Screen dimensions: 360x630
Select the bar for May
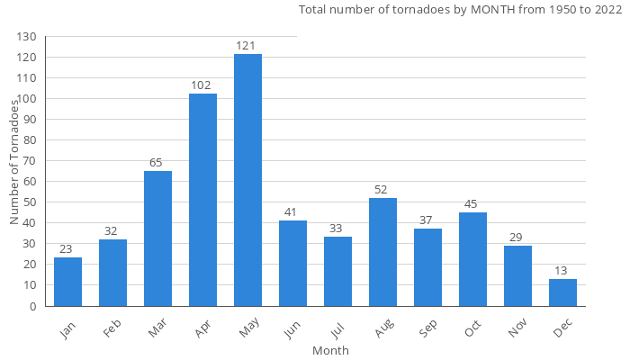(x=247, y=180)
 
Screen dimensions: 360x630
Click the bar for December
(x=562, y=292)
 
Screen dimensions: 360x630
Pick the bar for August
(x=382, y=252)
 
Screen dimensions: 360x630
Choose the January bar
(x=67, y=282)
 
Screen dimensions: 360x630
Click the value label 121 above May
(x=247, y=45)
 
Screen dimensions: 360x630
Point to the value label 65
(x=157, y=162)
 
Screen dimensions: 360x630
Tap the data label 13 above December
(x=562, y=270)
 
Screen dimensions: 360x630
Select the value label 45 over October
(x=472, y=203)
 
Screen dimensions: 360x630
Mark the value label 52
(x=382, y=189)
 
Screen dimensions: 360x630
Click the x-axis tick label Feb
(x=112, y=328)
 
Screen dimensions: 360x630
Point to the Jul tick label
(x=337, y=327)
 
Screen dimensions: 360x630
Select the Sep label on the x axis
(x=426, y=328)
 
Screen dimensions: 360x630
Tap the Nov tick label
(x=516, y=328)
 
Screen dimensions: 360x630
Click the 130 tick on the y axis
(x=27, y=37)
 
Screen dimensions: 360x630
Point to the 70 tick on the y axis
(x=30, y=161)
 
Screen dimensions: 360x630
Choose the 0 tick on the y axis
(x=33, y=306)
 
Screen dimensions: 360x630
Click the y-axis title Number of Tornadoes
(x=14, y=162)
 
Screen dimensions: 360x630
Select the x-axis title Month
(x=330, y=350)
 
